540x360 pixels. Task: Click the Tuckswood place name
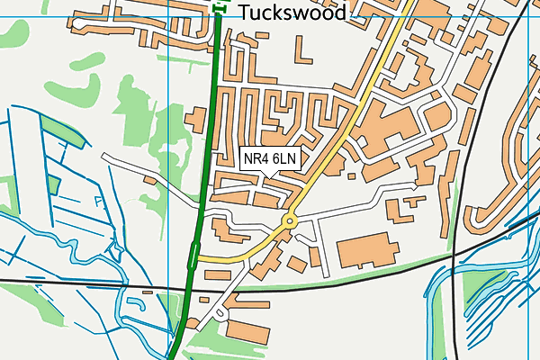(x=292, y=13)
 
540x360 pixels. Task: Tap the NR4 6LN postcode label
(x=270, y=159)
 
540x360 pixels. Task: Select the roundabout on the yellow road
(x=290, y=220)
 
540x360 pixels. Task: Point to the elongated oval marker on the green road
(x=193, y=256)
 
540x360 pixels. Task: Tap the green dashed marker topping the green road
(x=220, y=8)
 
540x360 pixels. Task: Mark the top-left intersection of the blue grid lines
(x=168, y=16)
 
